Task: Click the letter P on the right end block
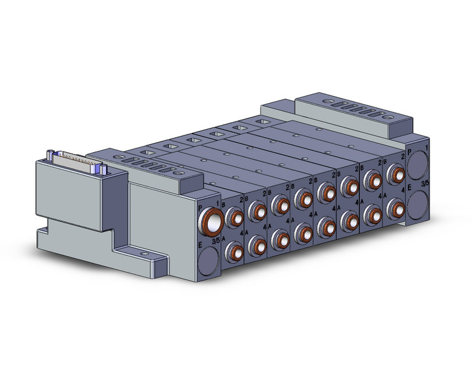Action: [409, 151]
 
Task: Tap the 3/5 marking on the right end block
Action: [424, 185]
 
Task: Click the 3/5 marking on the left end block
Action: [216, 240]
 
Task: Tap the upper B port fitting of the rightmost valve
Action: [394, 173]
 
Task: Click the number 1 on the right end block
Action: [427, 148]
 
